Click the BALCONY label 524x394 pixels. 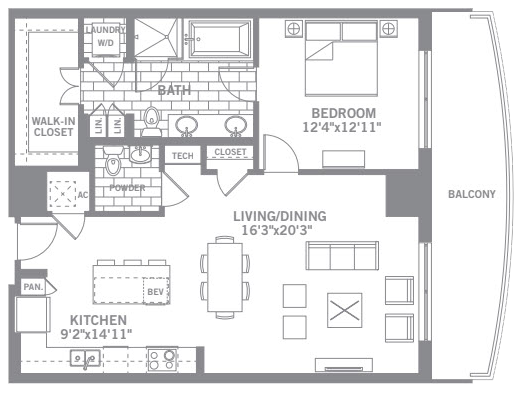[472, 194]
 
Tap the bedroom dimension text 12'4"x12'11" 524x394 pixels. [342, 127]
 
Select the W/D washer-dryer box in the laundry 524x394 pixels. [106, 44]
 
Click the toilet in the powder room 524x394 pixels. [113, 162]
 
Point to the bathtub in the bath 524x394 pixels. [219, 39]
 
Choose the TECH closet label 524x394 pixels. [183, 156]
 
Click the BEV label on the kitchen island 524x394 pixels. [156, 292]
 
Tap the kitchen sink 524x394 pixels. [85, 358]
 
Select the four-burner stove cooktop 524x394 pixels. [162, 359]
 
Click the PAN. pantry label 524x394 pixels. [33, 287]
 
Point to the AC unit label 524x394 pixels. [83, 195]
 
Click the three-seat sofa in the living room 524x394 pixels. [342, 256]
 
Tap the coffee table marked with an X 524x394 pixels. [345, 310]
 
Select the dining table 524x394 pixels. [225, 277]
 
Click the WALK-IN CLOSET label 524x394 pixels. [53, 127]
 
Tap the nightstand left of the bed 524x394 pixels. [293, 29]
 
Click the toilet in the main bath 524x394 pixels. [151, 120]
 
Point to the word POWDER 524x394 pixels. [127, 188]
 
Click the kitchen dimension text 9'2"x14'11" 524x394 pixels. [96, 334]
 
